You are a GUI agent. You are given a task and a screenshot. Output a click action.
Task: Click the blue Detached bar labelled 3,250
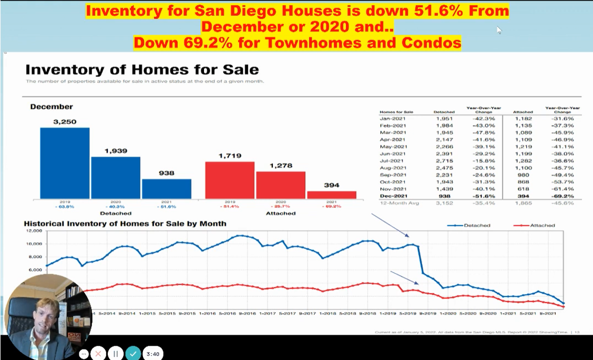pyautogui.click(x=65, y=163)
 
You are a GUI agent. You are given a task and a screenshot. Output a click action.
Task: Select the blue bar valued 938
pyautogui.click(x=166, y=189)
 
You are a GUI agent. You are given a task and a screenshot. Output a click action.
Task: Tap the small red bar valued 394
pyautogui.click(x=331, y=195)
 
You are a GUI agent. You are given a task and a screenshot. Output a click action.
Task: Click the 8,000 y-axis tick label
pyautogui.click(x=33, y=257)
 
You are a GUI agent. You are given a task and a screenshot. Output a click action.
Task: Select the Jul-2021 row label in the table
pyautogui.click(x=390, y=161)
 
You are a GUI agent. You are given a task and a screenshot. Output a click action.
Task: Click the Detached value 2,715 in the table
pyautogui.click(x=444, y=161)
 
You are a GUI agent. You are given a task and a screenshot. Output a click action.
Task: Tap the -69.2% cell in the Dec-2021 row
pyautogui.click(x=563, y=196)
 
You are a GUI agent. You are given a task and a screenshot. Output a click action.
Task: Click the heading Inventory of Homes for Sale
pyautogui.click(x=142, y=69)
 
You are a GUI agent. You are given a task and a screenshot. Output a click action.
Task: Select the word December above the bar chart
pyautogui.click(x=52, y=107)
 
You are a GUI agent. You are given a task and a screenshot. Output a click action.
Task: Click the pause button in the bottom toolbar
pyautogui.click(x=116, y=354)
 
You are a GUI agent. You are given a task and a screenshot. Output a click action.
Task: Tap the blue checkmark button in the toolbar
pyautogui.click(x=133, y=354)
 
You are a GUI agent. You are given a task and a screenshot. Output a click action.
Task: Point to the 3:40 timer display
pyautogui.click(x=153, y=354)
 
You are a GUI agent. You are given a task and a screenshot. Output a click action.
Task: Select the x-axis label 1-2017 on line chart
pyautogui.click(x=267, y=313)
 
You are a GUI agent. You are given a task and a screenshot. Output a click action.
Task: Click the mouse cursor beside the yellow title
pyautogui.click(x=499, y=30)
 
